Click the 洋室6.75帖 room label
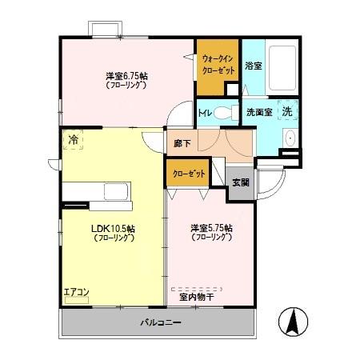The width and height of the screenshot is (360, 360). pos(126,77)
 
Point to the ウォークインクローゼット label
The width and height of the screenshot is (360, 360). pos(218,63)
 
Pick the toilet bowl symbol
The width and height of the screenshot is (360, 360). pos(229,111)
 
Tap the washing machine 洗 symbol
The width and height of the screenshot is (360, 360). pos(286,111)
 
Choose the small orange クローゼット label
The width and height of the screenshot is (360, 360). pos(185,174)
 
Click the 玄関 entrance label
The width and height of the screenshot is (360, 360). pos(240,182)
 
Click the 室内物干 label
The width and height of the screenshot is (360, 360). pos(196,297)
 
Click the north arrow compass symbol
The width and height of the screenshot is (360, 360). pos(292,322)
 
